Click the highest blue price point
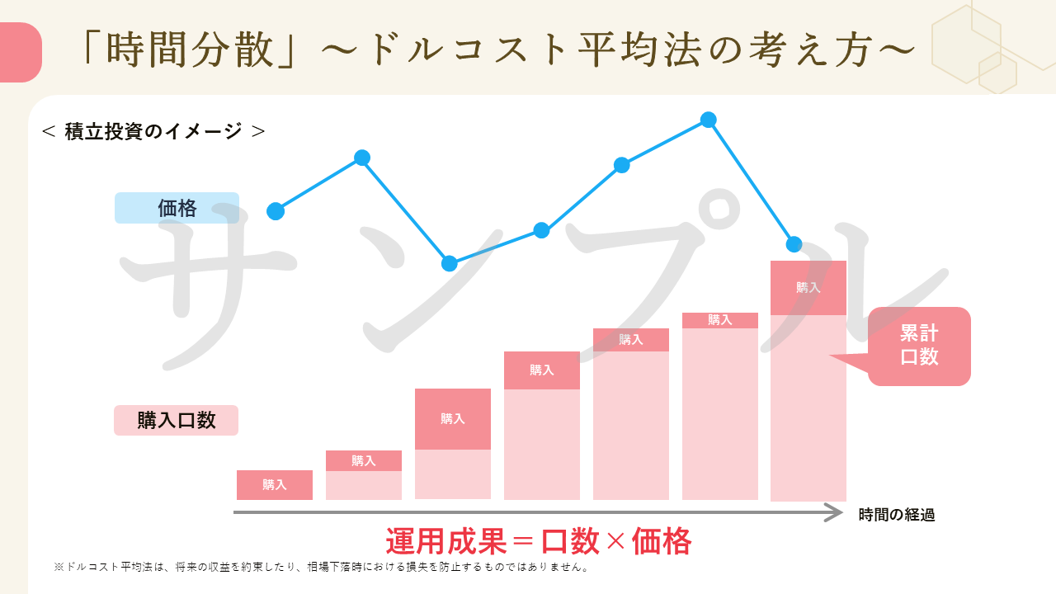pyautogui.click(x=708, y=120)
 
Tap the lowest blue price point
pyautogui.click(x=450, y=263)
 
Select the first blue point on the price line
pyautogui.click(x=276, y=211)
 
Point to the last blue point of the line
pyautogui.click(x=794, y=244)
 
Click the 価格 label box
pyautogui.click(x=177, y=208)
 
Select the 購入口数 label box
pyautogui.click(x=176, y=420)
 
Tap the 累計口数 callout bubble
pyautogui.click(x=919, y=346)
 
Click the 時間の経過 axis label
pyautogui.click(x=896, y=515)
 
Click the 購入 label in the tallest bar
pyautogui.click(x=808, y=287)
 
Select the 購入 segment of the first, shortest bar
pyautogui.click(x=275, y=485)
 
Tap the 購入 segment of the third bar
pyautogui.click(x=453, y=418)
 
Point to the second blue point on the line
pyautogui.click(x=361, y=158)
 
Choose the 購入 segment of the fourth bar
pyautogui.click(x=542, y=370)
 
